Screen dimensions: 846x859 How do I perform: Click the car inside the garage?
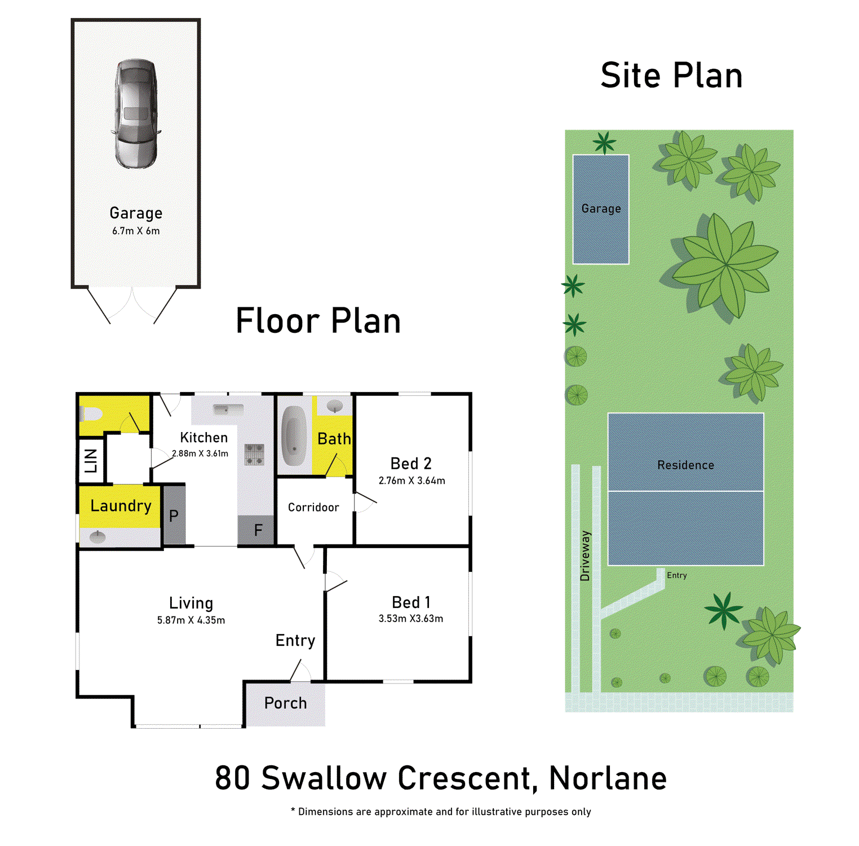[x=136, y=113]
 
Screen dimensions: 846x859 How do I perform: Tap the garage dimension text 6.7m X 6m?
[x=136, y=231]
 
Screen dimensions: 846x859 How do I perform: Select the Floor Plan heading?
[x=318, y=321]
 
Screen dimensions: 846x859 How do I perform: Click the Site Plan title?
[x=671, y=76]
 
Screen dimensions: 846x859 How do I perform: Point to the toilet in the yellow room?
[x=90, y=415]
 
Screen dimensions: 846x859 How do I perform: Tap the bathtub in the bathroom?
[x=294, y=435]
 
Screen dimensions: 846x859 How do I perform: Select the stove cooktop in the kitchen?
[x=254, y=454]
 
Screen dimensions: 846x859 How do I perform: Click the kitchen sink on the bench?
[x=228, y=409]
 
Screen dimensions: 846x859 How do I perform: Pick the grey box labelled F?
[x=258, y=530]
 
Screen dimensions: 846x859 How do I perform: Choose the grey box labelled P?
[x=174, y=515]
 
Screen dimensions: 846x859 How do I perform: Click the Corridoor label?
[x=313, y=508]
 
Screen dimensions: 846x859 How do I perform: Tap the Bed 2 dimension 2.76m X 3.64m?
[x=411, y=481]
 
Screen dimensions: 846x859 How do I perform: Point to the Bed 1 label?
[x=411, y=602]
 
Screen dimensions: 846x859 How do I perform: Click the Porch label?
[x=285, y=703]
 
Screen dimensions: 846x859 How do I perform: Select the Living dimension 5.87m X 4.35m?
[x=191, y=620]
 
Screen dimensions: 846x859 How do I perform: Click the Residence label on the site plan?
[x=685, y=465]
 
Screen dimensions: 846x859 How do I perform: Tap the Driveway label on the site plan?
[x=585, y=556]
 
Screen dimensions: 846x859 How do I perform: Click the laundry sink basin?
[x=98, y=536]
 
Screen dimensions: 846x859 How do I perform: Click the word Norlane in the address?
[x=608, y=778]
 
